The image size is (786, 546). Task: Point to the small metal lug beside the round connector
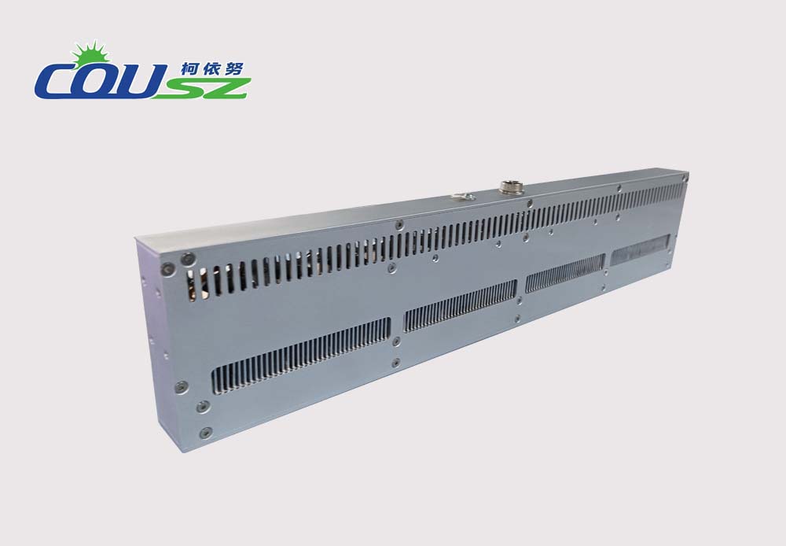pyautogui.click(x=464, y=196)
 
